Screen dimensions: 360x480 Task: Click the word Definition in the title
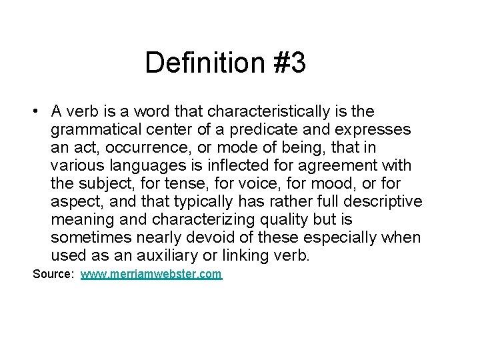197,63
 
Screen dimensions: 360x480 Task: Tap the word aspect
73,201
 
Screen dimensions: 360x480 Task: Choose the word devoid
236,237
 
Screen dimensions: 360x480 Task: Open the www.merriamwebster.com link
151,274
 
